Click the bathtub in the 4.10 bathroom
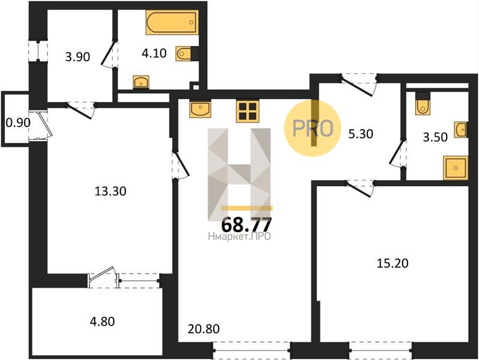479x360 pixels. tap(172, 22)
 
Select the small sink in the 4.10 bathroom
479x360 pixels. tap(141, 82)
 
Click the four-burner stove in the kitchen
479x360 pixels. tap(248, 111)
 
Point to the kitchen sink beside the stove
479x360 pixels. tap(200, 109)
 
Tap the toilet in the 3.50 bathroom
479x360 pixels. tap(423, 104)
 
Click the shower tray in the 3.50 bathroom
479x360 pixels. tap(456, 168)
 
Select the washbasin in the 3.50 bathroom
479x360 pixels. tap(460, 130)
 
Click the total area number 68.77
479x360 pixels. tap(246, 225)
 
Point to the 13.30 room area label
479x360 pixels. tap(110, 191)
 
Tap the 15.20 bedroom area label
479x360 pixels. tap(393, 263)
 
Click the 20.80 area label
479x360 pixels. tap(203, 329)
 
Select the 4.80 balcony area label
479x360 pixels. tap(102, 322)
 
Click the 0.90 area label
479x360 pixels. tap(18, 123)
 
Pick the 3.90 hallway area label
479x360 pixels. tap(77, 57)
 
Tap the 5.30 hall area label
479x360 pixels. tap(361, 134)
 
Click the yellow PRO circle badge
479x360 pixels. tap(313, 128)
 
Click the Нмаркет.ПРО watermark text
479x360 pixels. tap(239, 236)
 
